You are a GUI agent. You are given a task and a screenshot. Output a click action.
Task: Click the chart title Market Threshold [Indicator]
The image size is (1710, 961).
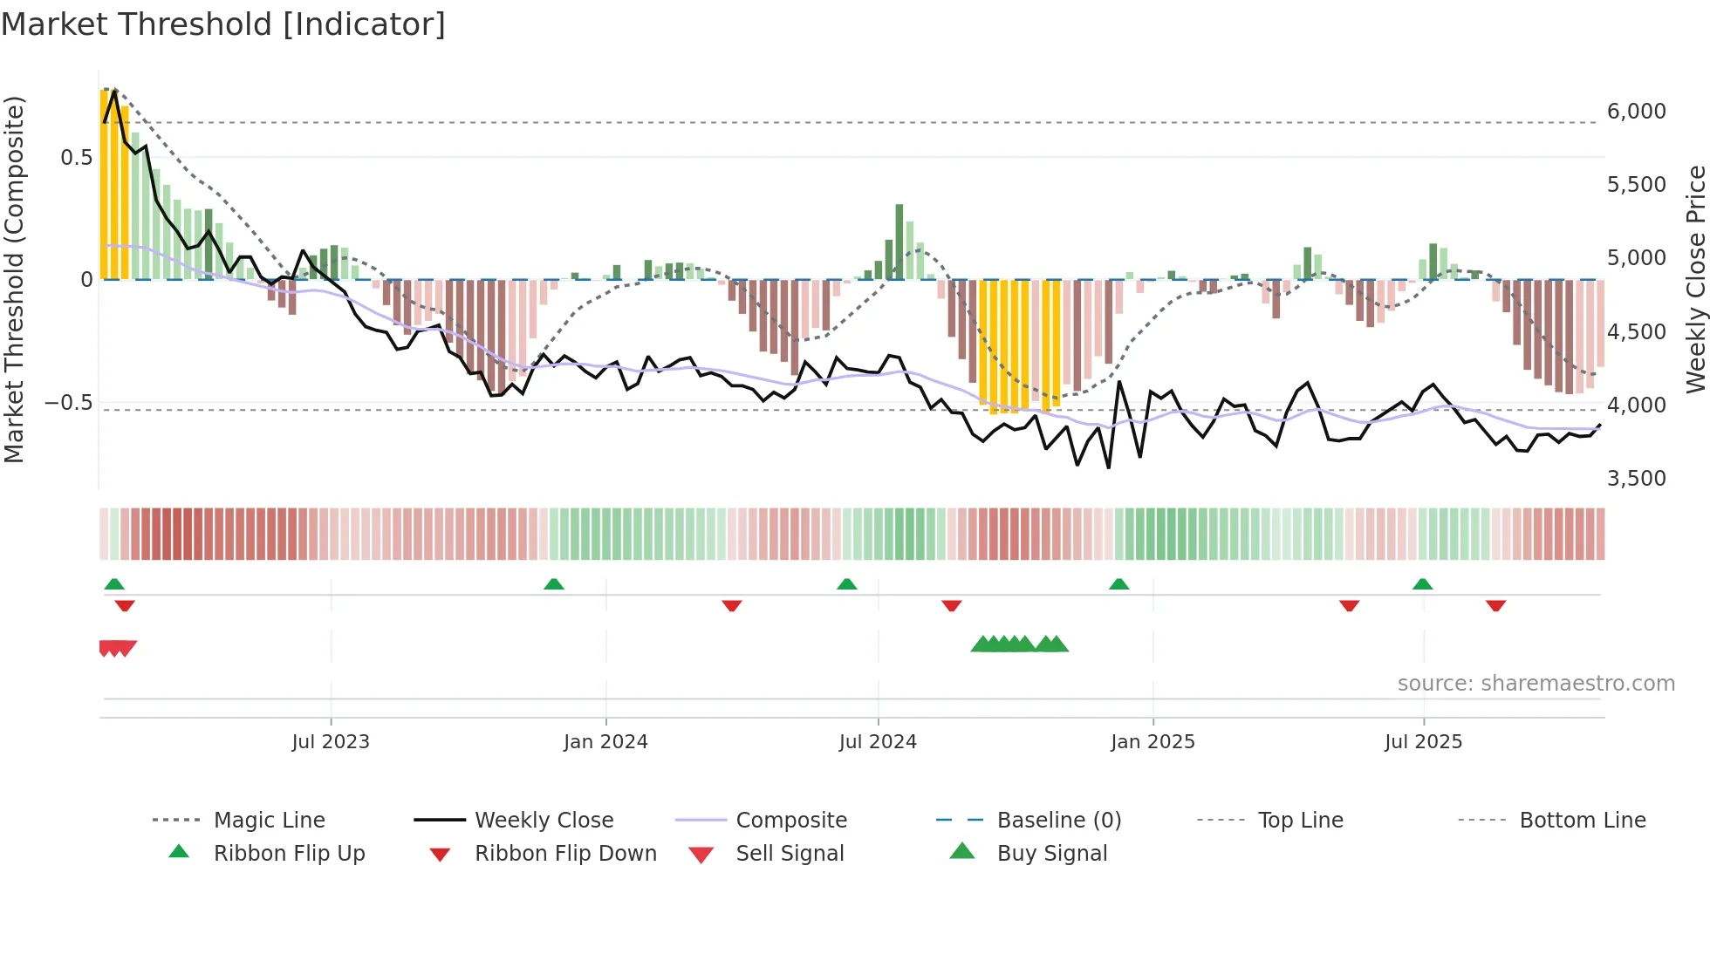pyautogui.click(x=223, y=24)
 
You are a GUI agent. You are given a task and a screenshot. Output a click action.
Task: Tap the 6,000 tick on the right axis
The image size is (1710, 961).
pyautogui.click(x=1636, y=112)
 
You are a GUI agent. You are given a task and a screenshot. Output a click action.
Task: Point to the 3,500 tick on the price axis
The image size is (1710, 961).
pyautogui.click(x=1636, y=479)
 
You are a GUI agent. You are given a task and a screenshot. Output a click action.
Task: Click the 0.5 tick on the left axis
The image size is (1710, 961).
pyautogui.click(x=76, y=158)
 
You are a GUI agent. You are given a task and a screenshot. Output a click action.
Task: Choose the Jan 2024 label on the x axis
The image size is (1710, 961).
pyautogui.click(x=605, y=742)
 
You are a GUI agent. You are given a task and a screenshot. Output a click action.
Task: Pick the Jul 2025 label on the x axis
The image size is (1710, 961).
pyautogui.click(x=1423, y=742)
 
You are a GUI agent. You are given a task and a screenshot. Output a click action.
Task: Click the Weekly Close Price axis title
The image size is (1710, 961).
pyautogui.click(x=1695, y=279)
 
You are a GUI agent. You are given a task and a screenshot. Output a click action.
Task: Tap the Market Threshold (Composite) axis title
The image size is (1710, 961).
pyautogui.click(x=14, y=279)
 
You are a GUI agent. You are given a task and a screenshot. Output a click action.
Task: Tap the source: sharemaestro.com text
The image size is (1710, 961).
pyautogui.click(x=1536, y=684)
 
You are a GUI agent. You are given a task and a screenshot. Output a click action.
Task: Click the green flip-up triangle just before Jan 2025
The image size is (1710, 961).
pyautogui.click(x=1118, y=584)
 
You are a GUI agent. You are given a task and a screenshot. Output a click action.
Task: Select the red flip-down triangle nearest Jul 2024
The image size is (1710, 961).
pyautogui.click(x=951, y=605)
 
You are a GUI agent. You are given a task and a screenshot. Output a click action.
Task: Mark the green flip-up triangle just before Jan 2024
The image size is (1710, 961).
pyautogui.click(x=553, y=584)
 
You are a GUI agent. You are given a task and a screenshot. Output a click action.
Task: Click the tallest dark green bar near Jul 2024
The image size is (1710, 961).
pyautogui.click(x=899, y=242)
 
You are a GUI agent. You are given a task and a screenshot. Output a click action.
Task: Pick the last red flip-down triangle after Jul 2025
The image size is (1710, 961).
pyautogui.click(x=1495, y=605)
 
